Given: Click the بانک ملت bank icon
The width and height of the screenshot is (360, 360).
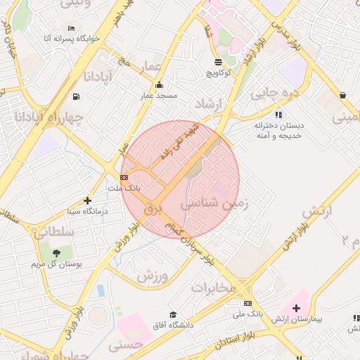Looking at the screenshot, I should pos(124,178).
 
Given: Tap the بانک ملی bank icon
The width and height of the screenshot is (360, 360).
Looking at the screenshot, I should pos(247,304).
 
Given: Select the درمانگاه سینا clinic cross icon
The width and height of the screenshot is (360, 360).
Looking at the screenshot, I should pos(87,200).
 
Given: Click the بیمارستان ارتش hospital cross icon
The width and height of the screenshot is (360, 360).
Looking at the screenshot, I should pos(296,308).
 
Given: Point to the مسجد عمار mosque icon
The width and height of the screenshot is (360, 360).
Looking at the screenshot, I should pos(159,85).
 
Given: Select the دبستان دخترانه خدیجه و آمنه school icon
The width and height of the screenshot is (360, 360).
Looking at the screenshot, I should pos(278,115).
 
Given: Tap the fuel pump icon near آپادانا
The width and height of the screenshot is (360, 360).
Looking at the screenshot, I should pos(75,97).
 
